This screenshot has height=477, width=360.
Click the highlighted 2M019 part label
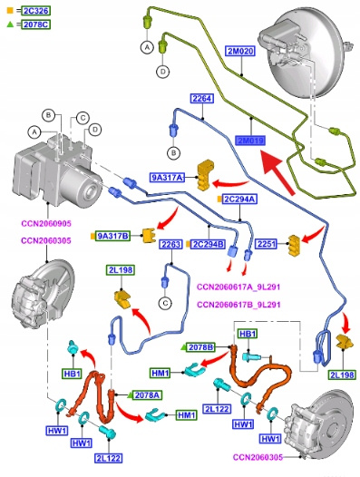point(250,141)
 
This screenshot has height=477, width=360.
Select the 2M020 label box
point(240,51)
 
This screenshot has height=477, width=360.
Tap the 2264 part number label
point(202,98)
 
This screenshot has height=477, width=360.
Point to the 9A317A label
point(168,178)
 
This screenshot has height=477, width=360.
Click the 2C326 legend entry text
point(36,11)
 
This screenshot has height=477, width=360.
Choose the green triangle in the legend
point(10,24)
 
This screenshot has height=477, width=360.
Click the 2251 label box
point(267,244)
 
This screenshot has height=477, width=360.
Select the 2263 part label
point(171,244)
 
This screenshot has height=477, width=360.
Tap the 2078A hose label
point(147,395)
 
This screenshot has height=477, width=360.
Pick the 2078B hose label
point(200,347)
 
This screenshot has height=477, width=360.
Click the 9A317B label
point(113,236)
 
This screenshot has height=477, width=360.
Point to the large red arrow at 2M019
point(278,171)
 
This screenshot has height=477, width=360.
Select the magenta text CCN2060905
point(46,224)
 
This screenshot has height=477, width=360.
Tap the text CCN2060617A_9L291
point(238,287)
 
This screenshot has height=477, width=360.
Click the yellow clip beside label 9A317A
point(205,175)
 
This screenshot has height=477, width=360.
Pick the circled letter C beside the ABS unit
point(83,118)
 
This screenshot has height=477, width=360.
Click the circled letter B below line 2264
point(174,152)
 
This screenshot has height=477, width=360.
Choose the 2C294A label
point(239,200)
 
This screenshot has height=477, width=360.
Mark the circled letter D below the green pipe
point(163,72)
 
